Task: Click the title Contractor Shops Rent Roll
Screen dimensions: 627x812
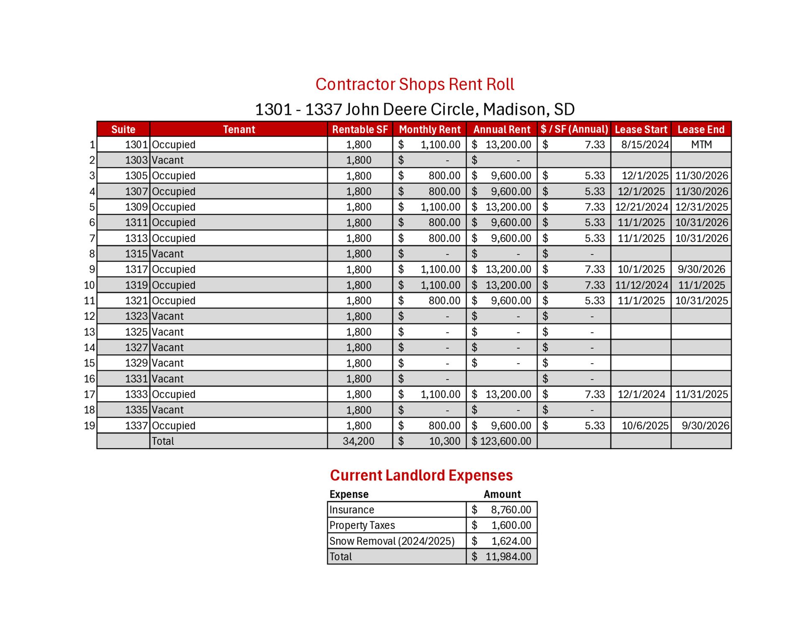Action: [414, 84]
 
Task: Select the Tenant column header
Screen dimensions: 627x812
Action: [239, 130]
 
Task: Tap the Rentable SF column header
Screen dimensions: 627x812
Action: [360, 130]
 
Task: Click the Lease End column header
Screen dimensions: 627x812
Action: [701, 130]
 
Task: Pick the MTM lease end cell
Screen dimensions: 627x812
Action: [701, 145]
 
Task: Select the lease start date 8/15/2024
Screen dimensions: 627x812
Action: [645, 145]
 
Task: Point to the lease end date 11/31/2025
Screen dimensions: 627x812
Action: [701, 394]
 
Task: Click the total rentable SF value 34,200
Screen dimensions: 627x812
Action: [358, 441]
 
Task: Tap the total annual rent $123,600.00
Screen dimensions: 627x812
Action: [501, 441]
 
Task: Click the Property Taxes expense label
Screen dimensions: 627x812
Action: [362, 525]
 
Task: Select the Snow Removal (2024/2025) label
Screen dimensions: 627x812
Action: [392, 541]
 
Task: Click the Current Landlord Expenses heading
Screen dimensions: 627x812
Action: [421, 475]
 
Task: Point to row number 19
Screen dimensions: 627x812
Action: [89, 426]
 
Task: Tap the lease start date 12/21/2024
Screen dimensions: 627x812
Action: [641, 207]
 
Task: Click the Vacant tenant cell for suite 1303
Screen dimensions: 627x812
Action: [168, 160]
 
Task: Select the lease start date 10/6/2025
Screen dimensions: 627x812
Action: [645, 426]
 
